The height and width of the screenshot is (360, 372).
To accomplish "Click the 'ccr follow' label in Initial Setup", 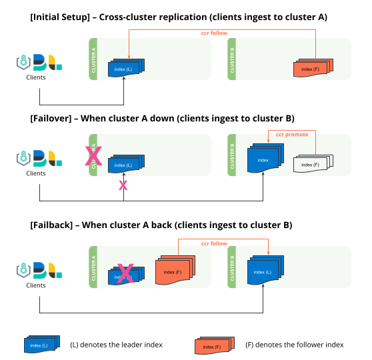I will pos(215,32).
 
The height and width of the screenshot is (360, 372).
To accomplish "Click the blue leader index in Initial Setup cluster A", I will pos(126,68).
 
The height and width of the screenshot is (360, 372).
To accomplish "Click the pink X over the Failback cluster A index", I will pos(125,273).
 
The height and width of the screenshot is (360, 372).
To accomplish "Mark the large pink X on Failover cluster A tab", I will pos(93,156).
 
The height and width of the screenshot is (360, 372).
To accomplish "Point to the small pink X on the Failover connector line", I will pos(123,185).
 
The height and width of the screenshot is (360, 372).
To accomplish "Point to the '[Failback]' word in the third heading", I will pos(52,225).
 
